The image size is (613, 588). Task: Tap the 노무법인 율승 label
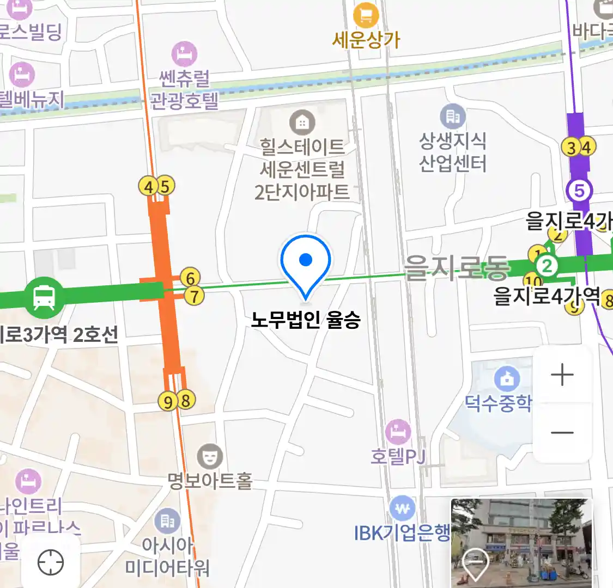tap(306, 320)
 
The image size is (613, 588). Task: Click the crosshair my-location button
tap(51, 562)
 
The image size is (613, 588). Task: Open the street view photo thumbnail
tap(521, 542)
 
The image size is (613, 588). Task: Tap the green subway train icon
tap(44, 297)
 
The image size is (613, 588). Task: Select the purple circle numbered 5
tap(579, 191)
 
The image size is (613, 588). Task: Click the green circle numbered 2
tap(547, 266)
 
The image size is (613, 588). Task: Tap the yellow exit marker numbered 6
tap(190, 278)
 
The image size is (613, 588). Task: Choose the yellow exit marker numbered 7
tap(194, 296)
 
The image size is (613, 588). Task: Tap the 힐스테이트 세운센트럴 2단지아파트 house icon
tap(301, 122)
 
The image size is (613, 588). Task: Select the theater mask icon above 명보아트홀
tap(209, 456)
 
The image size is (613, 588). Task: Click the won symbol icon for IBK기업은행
tap(403, 509)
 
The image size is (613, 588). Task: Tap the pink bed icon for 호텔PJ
tap(398, 432)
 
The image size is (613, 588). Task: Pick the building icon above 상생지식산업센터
tap(452, 117)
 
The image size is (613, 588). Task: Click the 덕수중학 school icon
tap(507, 378)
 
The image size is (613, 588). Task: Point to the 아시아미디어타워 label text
tap(167, 556)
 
